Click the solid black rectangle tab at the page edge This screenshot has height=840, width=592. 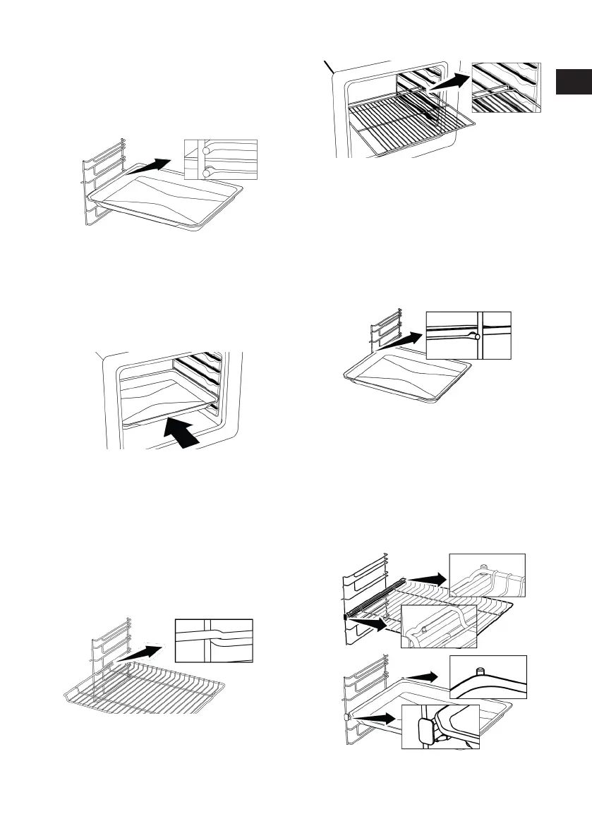572,82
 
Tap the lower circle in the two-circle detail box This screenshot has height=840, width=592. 205,172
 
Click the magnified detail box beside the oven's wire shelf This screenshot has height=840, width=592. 507,87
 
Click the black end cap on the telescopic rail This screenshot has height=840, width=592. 345,616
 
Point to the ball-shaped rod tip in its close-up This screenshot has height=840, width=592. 478,337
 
